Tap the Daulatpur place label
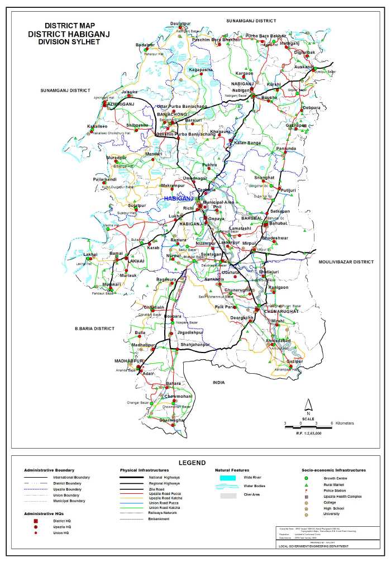pos(180,23)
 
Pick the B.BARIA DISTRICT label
pos(94,328)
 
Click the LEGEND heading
pos(192,463)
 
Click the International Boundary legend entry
pos(71,478)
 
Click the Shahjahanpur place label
pos(194,345)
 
